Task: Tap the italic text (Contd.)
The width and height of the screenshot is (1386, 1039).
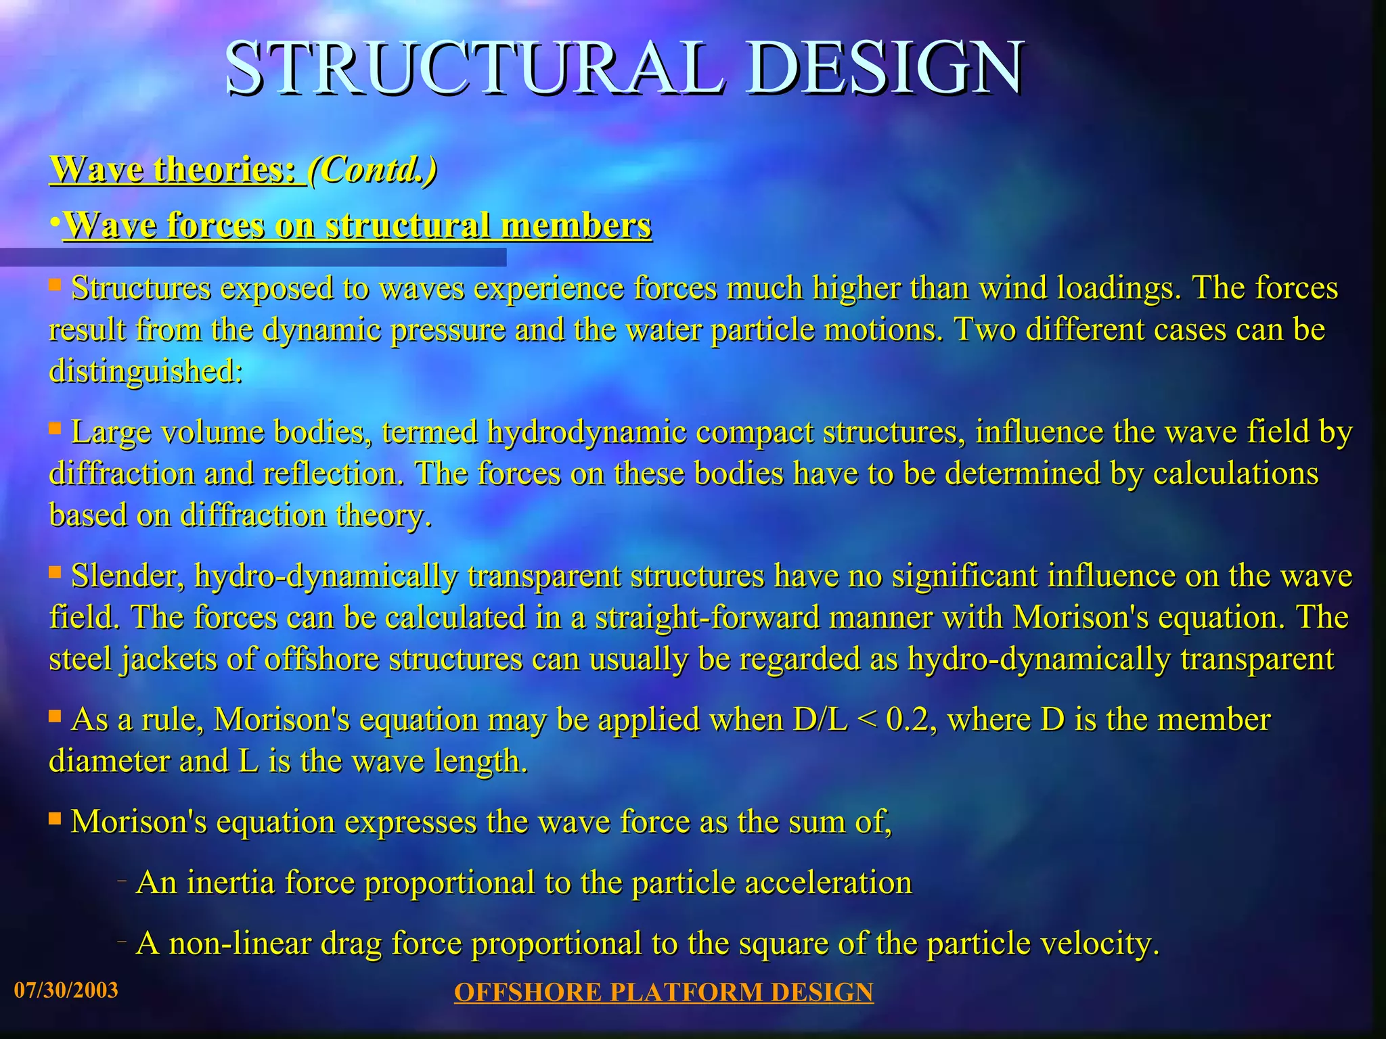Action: tap(372, 169)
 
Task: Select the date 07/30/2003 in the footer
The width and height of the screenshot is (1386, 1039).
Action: tap(66, 990)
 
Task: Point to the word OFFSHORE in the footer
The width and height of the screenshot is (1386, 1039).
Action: tap(527, 992)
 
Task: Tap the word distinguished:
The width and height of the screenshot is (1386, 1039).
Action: tap(146, 371)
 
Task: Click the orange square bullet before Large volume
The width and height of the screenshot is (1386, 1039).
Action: tap(55, 428)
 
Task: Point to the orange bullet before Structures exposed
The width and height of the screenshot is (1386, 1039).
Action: tap(55, 285)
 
